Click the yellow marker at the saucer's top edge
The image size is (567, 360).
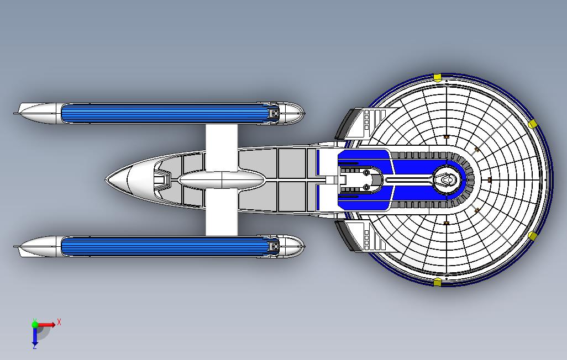click(437, 77)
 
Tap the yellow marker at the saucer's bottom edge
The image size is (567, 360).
click(437, 283)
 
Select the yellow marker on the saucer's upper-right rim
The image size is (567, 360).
click(533, 124)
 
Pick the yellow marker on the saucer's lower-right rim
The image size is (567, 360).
click(533, 236)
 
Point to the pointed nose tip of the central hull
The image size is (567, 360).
click(108, 179)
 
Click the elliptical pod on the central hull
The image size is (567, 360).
click(222, 179)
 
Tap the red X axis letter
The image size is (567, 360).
click(59, 322)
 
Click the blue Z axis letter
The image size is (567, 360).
click(34, 347)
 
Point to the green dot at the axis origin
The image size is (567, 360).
click(35, 325)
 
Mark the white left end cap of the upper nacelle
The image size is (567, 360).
click(38, 113)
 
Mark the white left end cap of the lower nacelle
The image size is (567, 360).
click(38, 246)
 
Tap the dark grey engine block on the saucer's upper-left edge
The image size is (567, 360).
click(345, 124)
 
